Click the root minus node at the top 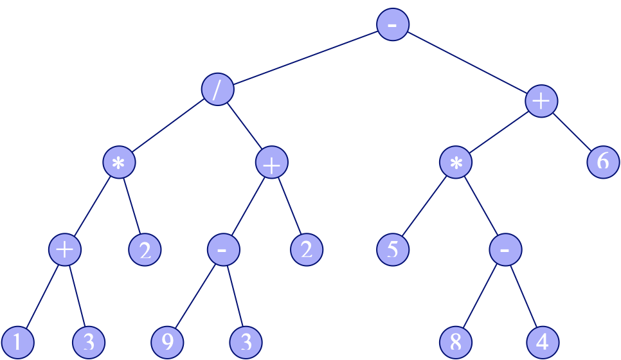click(393, 24)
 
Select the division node click(217, 89)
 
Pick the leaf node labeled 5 click(393, 249)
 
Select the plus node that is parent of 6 click(541, 102)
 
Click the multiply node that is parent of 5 click(456, 163)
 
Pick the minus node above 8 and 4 click(505, 249)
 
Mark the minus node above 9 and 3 click(224, 249)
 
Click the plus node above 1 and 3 click(64, 249)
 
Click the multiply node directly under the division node click(119, 163)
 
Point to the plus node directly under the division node click(271, 163)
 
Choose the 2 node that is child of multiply click(145, 249)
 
